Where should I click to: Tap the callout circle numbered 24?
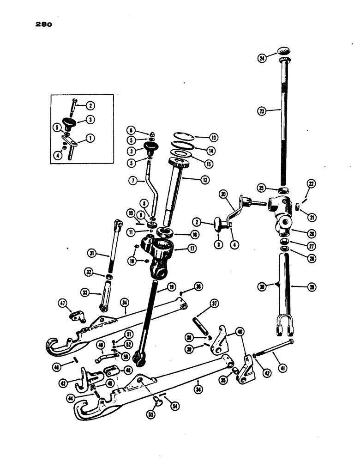[262, 58]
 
